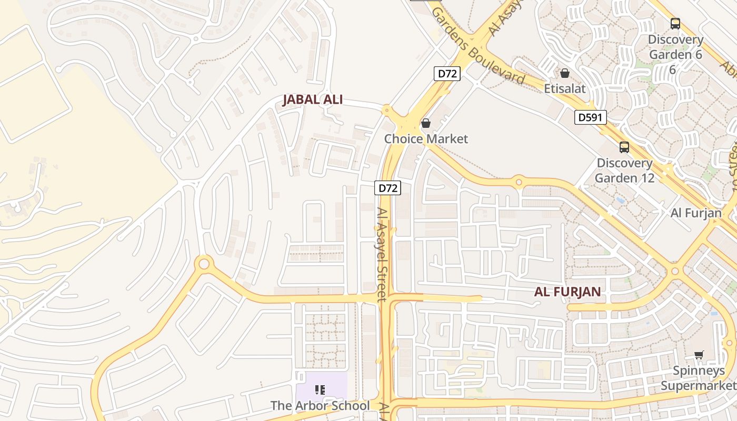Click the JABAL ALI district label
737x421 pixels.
tap(313, 99)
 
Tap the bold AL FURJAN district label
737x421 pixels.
tap(567, 292)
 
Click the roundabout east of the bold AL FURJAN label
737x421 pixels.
tap(675, 272)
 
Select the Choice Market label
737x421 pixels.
tap(426, 139)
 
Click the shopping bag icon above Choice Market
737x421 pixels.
tap(426, 124)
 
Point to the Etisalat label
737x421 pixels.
tap(565, 88)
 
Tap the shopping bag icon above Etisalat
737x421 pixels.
tap(565, 73)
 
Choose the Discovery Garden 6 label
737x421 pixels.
tap(675, 47)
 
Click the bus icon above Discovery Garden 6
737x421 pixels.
tap(675, 24)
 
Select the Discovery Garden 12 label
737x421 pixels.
tap(625, 170)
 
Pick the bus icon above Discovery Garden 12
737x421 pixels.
tap(624, 147)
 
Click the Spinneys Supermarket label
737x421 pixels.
tap(699, 378)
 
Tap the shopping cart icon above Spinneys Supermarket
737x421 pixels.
tap(699, 355)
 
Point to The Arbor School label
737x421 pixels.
tap(320, 406)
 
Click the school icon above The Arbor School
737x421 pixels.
tap(320, 390)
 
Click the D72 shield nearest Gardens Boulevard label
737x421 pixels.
tap(447, 74)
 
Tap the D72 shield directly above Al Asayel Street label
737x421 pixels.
tap(387, 188)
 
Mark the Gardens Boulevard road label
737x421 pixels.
tap(477, 46)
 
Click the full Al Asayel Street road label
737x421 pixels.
tap(382, 254)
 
